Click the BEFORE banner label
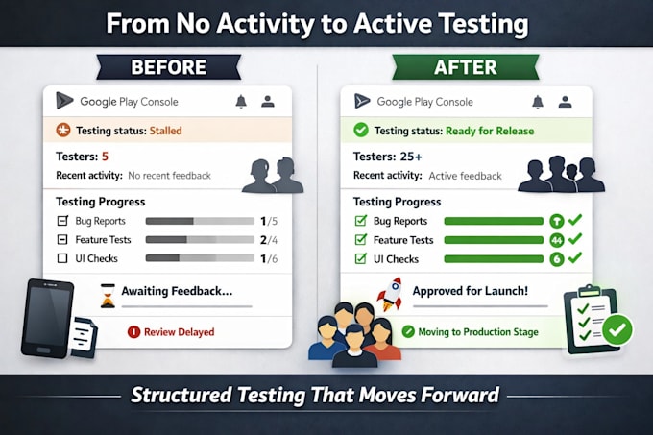point(169,67)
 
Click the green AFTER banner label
point(465,67)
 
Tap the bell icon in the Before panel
point(241,102)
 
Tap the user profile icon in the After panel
point(565,102)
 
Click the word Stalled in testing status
point(166,131)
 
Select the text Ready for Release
point(490,132)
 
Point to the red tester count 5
point(105,157)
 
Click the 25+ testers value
point(411,157)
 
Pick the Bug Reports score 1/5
point(269,221)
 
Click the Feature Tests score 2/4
point(269,240)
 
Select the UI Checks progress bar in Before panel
point(200,258)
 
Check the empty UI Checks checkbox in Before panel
point(62,258)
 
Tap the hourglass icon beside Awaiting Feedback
point(108,296)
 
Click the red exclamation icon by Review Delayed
point(133,332)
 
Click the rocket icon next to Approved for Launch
point(390,294)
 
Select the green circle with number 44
point(557,240)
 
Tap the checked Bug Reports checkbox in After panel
point(361,221)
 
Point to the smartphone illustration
point(47,319)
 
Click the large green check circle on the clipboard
point(617,329)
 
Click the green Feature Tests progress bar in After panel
point(494,240)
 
